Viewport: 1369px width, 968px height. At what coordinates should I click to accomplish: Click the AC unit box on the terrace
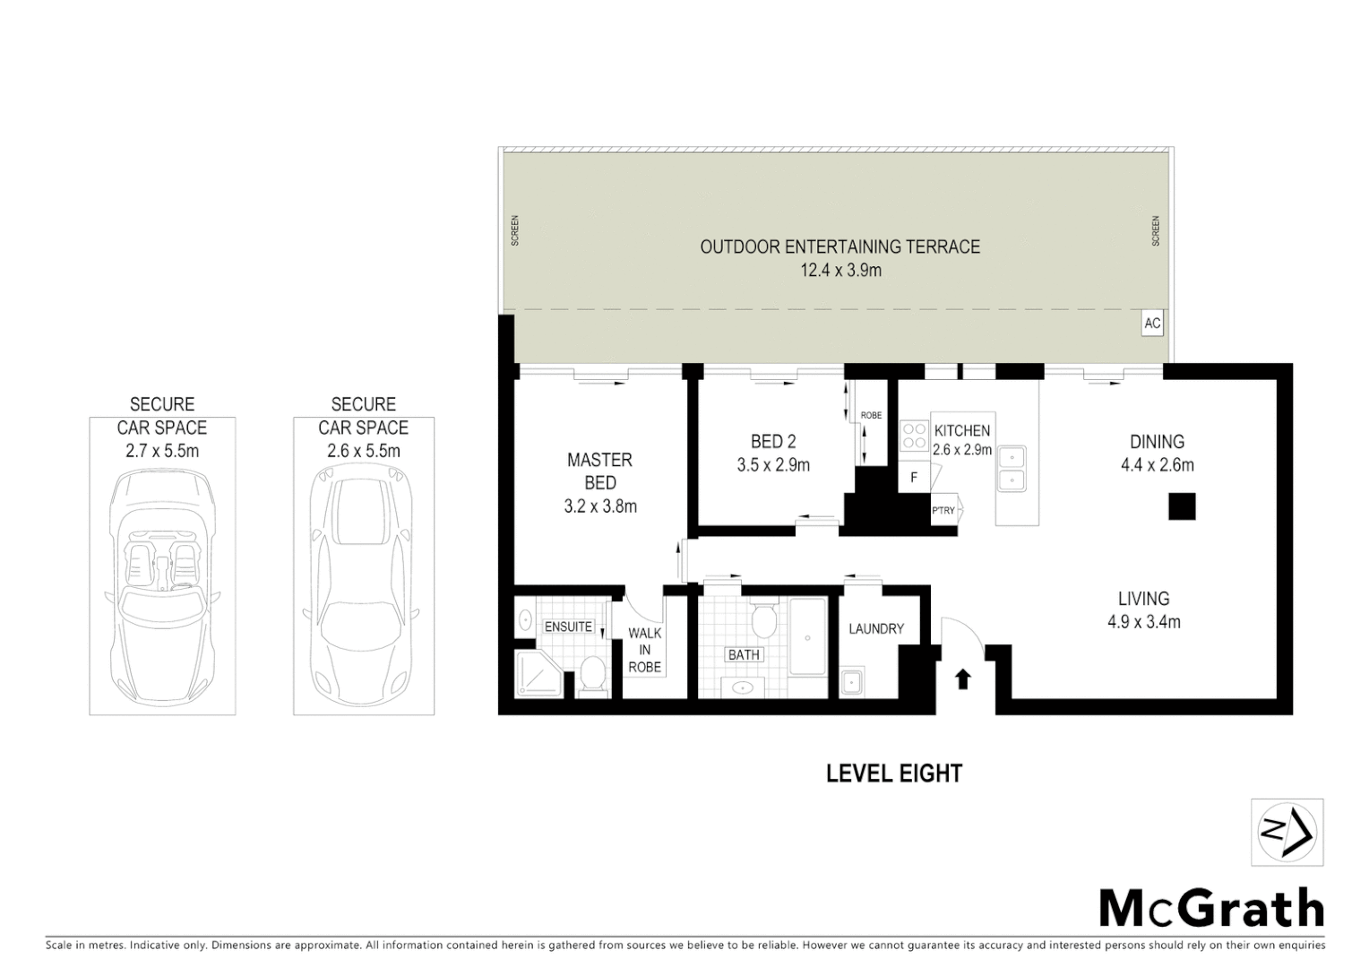pos(1152,324)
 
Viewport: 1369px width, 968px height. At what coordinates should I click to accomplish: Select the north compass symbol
pos(1287,833)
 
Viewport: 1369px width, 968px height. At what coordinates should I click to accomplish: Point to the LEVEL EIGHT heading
pos(893,774)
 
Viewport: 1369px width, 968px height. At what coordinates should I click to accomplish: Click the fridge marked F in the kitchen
pos(914,478)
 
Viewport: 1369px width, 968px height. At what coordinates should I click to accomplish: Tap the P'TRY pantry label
pos(943,511)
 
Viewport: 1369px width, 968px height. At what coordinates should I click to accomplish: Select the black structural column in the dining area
pos(1182,507)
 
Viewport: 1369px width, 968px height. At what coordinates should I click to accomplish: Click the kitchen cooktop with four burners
pos(914,436)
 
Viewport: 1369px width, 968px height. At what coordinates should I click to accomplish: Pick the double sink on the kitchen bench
pos(1012,468)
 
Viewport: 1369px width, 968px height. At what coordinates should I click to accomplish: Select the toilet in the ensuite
pos(592,674)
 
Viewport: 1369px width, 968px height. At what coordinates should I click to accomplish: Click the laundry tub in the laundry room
pos(852,683)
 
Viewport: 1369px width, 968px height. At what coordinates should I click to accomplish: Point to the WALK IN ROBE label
pos(644,650)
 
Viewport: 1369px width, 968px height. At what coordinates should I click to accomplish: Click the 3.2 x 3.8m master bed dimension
pos(599,506)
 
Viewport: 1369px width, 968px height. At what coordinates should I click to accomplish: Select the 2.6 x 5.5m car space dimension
pos(363,451)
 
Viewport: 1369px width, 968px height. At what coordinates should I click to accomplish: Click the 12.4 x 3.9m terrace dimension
pos(839,270)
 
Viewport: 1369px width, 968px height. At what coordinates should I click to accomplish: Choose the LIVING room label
pos(1143,599)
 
